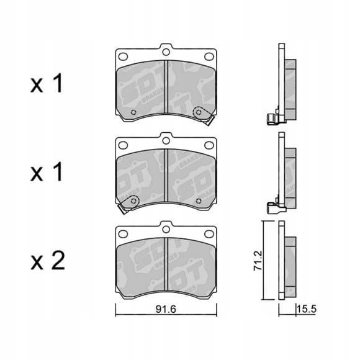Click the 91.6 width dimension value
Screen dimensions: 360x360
(166, 309)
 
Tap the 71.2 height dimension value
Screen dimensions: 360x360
(258, 261)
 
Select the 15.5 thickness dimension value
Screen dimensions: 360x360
(307, 309)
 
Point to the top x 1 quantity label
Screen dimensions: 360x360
(47, 83)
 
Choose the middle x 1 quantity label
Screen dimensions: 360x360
(47, 171)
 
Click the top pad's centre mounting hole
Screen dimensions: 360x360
(166, 52)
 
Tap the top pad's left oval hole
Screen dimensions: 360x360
(123, 56)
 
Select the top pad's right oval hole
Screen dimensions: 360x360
(209, 56)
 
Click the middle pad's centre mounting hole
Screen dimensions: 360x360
(166, 140)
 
